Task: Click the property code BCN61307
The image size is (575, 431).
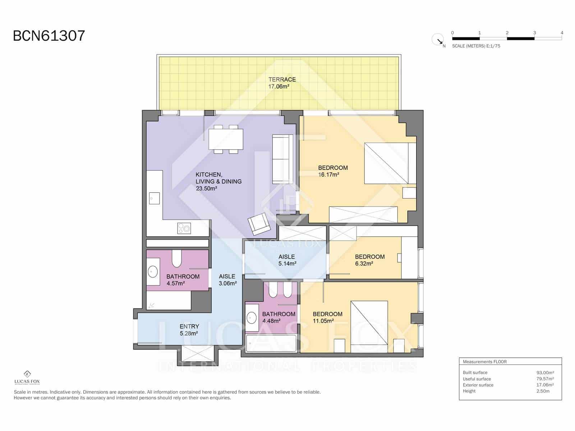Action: [49, 36]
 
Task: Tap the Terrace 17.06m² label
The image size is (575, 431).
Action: [282, 83]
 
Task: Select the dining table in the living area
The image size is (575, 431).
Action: [226, 139]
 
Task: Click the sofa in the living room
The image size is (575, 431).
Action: [282, 159]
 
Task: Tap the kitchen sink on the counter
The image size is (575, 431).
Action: [154, 198]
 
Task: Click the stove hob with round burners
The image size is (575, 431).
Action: [184, 228]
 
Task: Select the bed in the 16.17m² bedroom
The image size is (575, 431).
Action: [390, 163]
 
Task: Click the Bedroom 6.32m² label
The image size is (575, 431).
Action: [369, 260]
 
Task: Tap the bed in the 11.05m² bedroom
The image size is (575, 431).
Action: [369, 323]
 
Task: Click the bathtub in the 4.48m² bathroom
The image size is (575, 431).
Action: [271, 344]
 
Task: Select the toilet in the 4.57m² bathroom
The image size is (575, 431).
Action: [176, 259]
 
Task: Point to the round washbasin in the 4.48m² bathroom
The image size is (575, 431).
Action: [251, 318]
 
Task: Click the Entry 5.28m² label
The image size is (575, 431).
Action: [189, 330]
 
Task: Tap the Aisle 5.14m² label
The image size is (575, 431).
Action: [287, 260]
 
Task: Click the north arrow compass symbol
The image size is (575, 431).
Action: [438, 39]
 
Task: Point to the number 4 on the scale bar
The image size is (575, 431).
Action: [562, 33]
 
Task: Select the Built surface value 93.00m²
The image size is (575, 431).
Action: [545, 373]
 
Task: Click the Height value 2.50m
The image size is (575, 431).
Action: [543, 391]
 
